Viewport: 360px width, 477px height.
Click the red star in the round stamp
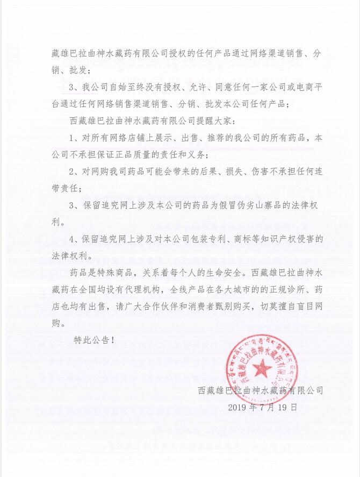coord(263,367)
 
